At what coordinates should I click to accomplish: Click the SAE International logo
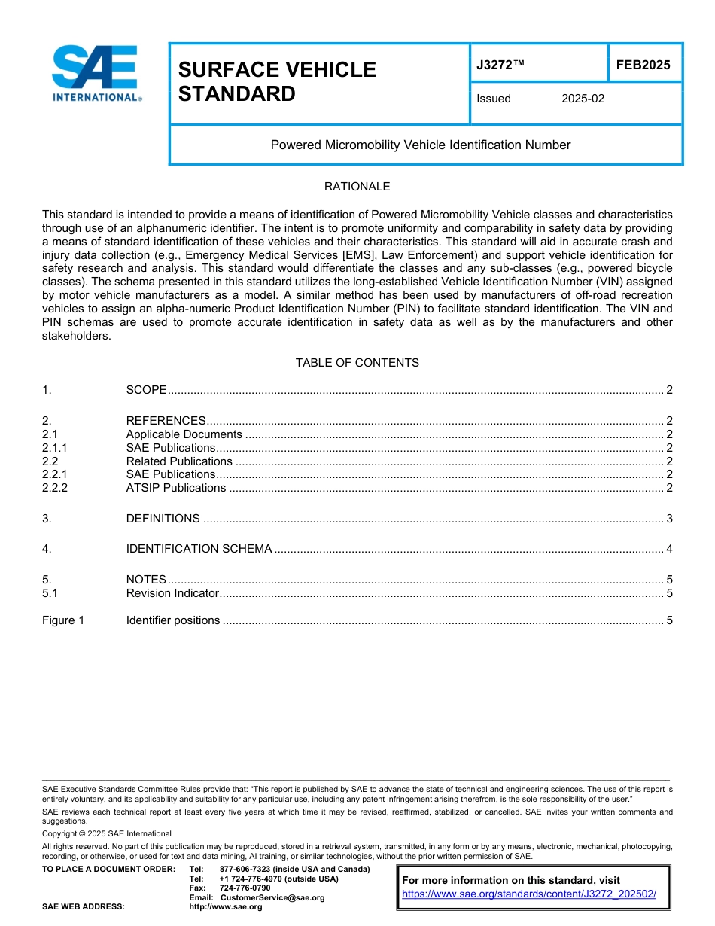pos(96,74)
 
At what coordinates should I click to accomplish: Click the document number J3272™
pos(500,65)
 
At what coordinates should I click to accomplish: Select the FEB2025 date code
pos(643,65)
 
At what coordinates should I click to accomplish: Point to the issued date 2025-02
pos(583,99)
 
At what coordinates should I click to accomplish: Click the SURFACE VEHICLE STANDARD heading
pos(276,81)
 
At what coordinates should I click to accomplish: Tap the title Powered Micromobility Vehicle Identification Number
pos(420,145)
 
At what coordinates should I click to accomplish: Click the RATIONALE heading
pos(357,187)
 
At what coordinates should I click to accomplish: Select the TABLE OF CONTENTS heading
pos(357,363)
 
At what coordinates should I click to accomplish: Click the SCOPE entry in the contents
pos(146,390)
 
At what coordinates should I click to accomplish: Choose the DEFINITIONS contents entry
pos(163,519)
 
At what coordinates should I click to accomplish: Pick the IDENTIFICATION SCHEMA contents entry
pos(199,549)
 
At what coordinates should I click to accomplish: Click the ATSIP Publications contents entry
pos(175,488)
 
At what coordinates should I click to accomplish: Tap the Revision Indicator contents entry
pos(172,593)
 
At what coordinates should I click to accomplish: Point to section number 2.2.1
pos(55,474)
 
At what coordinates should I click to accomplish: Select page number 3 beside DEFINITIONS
pos(669,519)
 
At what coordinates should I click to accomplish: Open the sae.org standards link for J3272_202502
pos(529,894)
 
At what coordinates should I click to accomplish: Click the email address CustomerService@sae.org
pos(272,897)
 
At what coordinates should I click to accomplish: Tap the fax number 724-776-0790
pos(245,888)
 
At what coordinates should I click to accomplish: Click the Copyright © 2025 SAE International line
pos(107,833)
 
